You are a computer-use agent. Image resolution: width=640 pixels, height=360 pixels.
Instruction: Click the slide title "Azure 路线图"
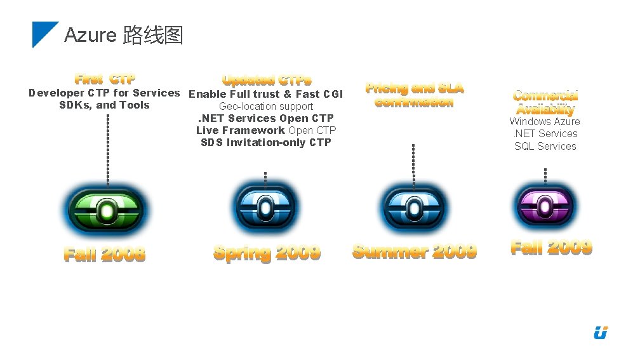tap(124, 35)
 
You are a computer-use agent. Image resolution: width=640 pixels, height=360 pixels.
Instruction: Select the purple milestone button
tap(545, 206)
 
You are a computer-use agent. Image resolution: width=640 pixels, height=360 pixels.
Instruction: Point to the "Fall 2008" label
tap(105, 255)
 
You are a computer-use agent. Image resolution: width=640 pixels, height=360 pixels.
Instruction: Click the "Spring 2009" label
tap(267, 253)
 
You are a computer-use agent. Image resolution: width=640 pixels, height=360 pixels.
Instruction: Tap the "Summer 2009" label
tap(415, 251)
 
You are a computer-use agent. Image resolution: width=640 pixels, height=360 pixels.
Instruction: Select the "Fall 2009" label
tap(551, 247)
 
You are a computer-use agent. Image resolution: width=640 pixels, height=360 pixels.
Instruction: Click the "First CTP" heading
tap(105, 79)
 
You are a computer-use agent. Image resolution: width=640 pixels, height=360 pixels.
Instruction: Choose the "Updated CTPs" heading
tap(267, 81)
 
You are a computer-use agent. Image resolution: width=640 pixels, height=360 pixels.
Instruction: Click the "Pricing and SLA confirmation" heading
tap(414, 95)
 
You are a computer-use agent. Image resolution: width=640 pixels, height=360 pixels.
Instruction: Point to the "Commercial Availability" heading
tap(545, 102)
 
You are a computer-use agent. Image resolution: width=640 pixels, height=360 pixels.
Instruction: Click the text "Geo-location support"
tap(265, 107)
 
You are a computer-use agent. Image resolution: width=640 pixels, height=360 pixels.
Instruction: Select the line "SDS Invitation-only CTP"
tap(265, 142)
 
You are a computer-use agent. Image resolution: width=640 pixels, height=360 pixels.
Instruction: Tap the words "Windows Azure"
tap(545, 121)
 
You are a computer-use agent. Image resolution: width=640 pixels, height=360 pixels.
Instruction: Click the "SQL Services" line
tap(545, 146)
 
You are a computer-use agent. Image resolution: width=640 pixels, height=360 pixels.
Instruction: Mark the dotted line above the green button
tap(108, 149)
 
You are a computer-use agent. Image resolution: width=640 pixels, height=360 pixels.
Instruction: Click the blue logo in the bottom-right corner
tap(601, 332)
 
